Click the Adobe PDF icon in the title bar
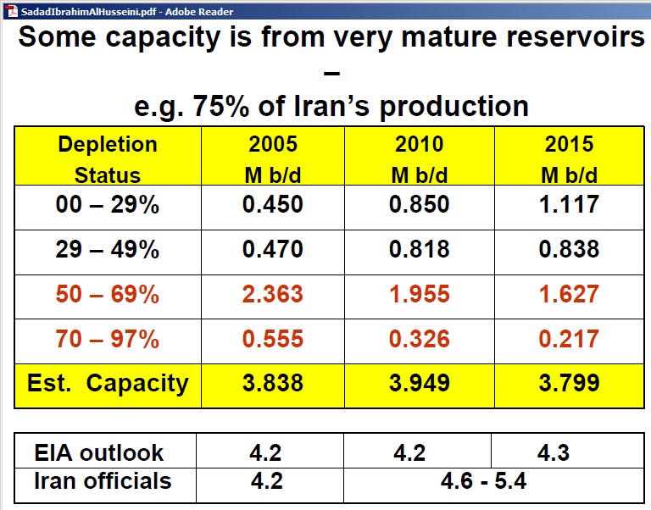[13, 11]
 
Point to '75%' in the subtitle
[222, 106]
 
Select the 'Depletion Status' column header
[108, 159]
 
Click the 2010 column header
[420, 159]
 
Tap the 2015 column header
[570, 159]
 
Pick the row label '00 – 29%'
[108, 204]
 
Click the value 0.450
[273, 204]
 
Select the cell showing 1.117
[570, 204]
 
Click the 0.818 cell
[420, 249]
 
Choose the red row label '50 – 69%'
[108, 294]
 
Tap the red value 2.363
[273, 294]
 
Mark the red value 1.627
[570, 294]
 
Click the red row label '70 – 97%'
[108, 339]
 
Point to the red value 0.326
[420, 339]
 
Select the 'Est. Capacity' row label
[108, 384]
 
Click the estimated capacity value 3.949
[420, 383]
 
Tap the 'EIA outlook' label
[99, 452]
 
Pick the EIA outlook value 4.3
[554, 452]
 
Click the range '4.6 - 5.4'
[484, 481]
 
